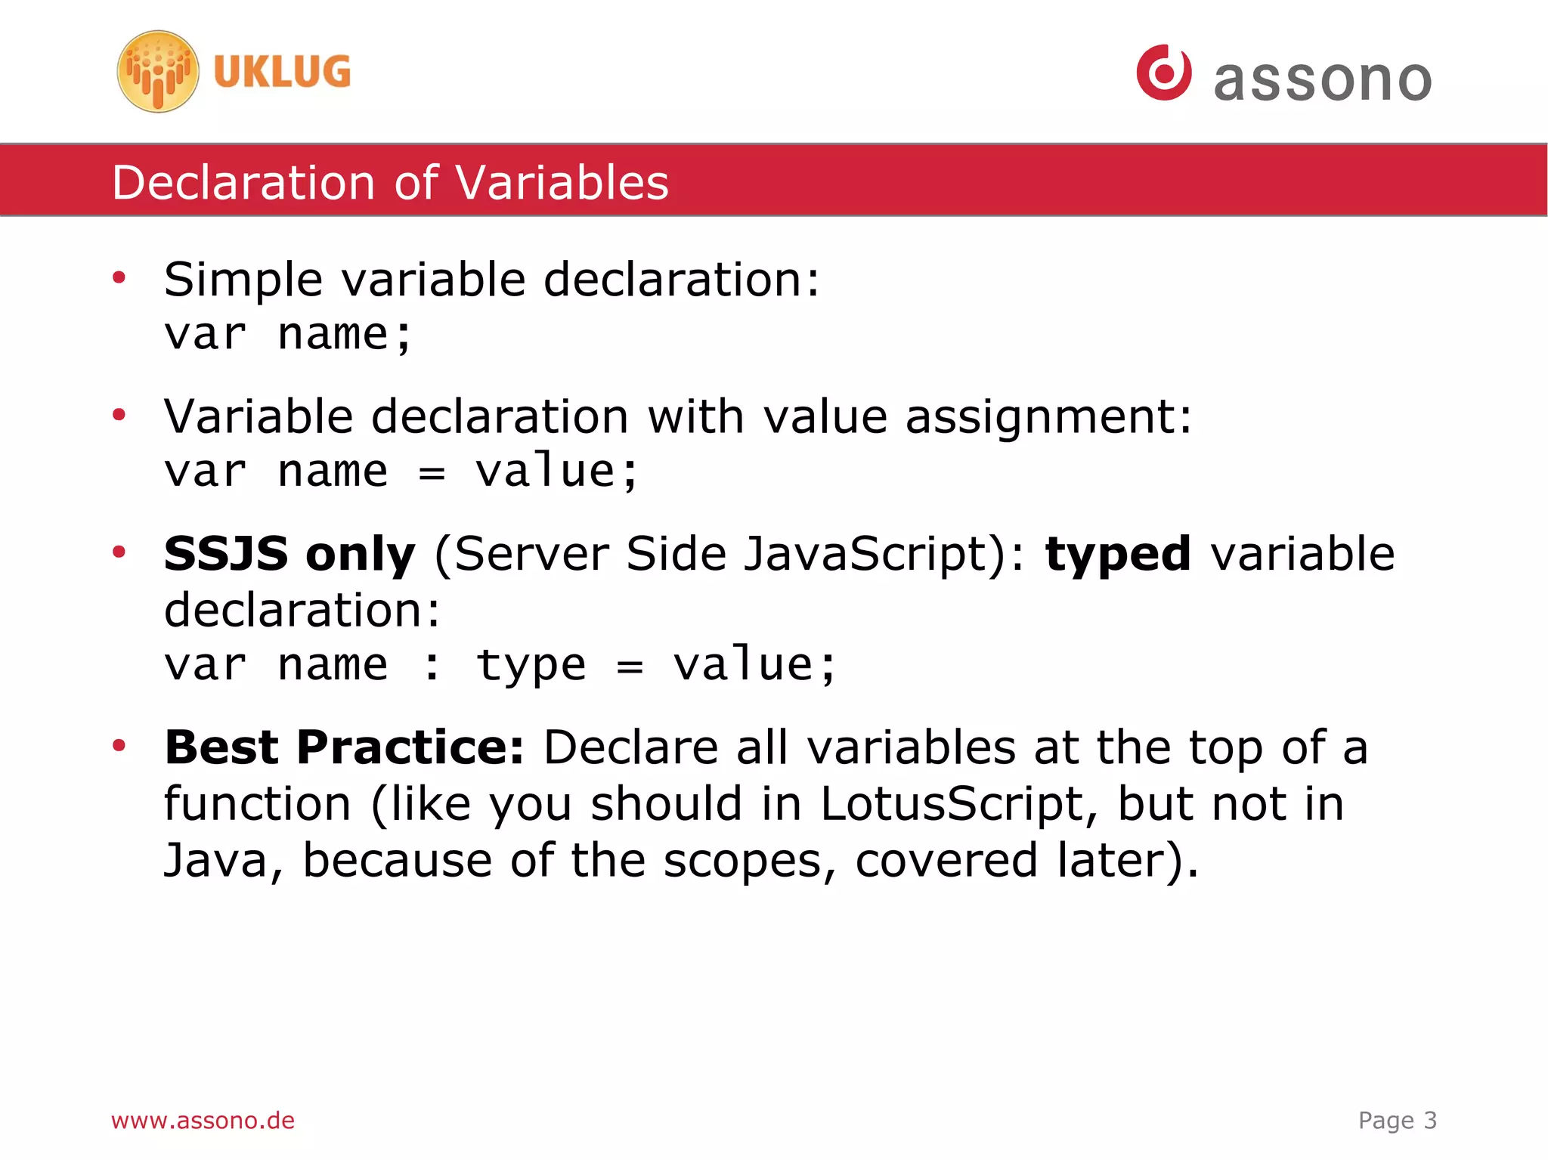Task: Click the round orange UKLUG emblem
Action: pos(158,72)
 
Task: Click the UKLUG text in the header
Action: pos(282,72)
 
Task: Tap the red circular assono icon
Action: pos(1164,73)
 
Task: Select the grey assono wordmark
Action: pos(1323,80)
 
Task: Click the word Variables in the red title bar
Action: pos(562,183)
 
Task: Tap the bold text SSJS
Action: pos(225,554)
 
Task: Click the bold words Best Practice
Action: pos(344,748)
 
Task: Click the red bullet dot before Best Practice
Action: pos(119,747)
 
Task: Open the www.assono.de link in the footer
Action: pos(203,1120)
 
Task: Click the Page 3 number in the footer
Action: pos(1397,1120)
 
